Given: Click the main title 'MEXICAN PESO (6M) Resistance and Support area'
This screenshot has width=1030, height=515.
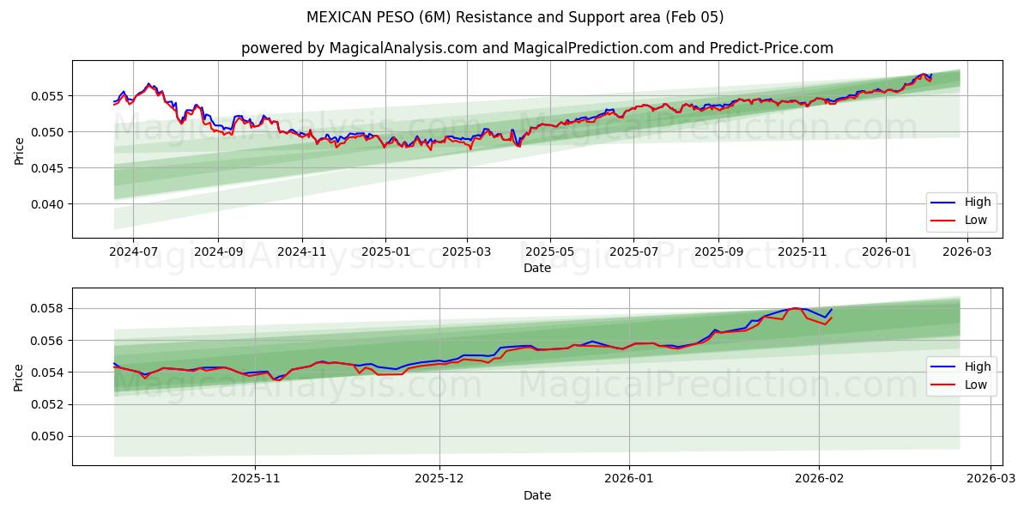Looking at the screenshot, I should point(515,17).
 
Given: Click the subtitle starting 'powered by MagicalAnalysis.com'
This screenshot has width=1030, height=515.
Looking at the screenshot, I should point(537,48).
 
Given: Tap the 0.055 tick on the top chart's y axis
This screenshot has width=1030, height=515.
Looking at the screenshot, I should point(48,95).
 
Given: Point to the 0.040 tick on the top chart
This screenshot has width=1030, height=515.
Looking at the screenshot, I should point(48,204).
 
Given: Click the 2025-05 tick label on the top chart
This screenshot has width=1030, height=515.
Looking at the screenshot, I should point(550,252).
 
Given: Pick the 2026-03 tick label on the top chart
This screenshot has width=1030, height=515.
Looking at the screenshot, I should point(967,252).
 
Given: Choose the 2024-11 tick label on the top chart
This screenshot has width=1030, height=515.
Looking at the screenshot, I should point(302,252).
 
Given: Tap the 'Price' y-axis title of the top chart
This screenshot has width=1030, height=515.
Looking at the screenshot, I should point(19,149).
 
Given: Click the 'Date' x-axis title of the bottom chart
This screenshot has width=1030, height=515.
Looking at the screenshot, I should point(537,495).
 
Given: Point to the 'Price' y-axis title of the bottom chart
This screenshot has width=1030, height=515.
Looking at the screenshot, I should point(19,377).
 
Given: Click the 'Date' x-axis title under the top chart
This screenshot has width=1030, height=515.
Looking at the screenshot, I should point(537,268).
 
